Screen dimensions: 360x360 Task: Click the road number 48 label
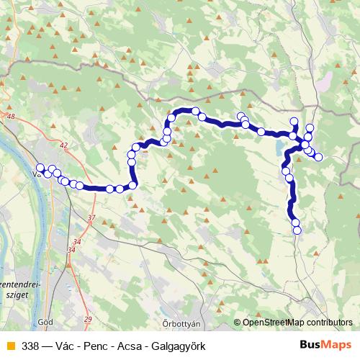pyautogui.click(x=9, y=116)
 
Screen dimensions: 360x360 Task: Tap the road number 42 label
pyautogui.click(x=64, y=145)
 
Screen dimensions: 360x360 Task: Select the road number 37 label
pyautogui.click(x=91, y=217)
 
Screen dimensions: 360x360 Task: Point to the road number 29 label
pyautogui.click(x=88, y=319)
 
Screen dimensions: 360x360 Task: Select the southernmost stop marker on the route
pyautogui.click(x=297, y=230)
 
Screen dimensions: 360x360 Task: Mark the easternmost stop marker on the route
pyautogui.click(x=318, y=157)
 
